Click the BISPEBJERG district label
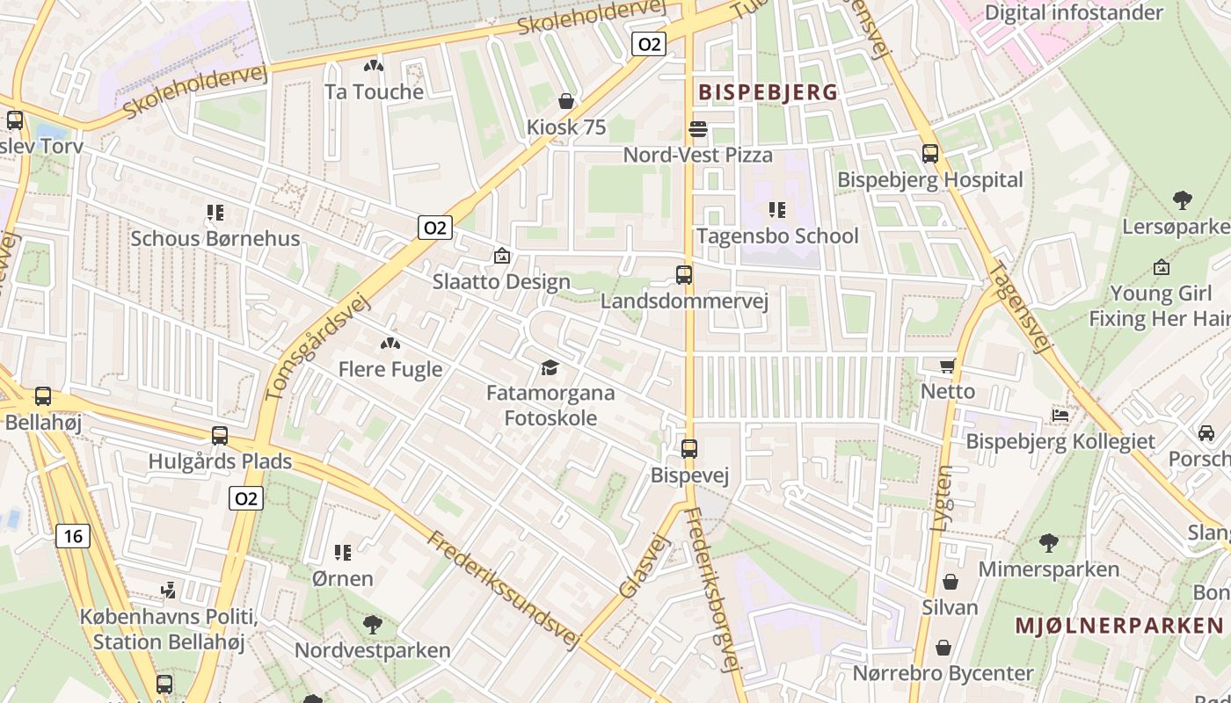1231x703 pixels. [x=768, y=91]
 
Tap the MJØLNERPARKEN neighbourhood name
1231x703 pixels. [x=1119, y=626]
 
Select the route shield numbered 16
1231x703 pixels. [x=73, y=535]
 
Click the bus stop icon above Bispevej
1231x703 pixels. [x=689, y=449]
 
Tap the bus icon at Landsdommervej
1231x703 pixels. [x=684, y=275]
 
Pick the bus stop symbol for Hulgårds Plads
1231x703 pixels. [x=220, y=435]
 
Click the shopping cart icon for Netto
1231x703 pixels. [x=947, y=366]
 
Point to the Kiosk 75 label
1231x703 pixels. [x=566, y=127]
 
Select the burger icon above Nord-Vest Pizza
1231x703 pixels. [x=698, y=129]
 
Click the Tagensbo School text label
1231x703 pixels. [x=777, y=236]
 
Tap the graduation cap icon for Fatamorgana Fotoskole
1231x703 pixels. [x=550, y=367]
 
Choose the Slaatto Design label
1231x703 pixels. [x=501, y=282]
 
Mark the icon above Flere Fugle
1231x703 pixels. [x=390, y=344]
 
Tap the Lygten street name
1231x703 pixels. [x=942, y=497]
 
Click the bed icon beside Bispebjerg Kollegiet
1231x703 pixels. [x=1060, y=416]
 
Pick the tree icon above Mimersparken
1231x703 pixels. [x=1048, y=543]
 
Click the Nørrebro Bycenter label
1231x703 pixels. [x=943, y=673]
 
